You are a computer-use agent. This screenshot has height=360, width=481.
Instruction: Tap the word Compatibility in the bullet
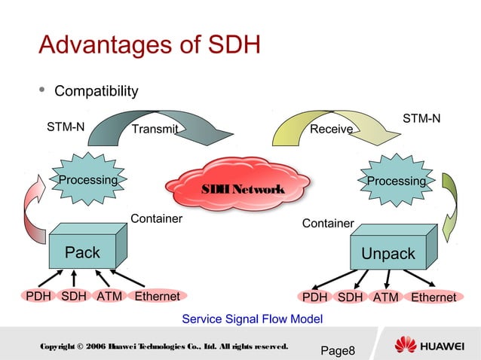tap(97, 91)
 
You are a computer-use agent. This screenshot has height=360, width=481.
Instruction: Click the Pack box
tap(82, 253)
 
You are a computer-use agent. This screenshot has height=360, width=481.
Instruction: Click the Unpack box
tap(388, 255)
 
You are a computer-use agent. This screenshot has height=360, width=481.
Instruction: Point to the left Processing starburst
tap(88, 181)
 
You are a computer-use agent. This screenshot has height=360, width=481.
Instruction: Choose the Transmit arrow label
tap(155, 130)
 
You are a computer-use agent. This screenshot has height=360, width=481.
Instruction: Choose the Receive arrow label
tap(332, 130)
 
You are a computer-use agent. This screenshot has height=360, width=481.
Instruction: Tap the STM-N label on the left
tap(66, 127)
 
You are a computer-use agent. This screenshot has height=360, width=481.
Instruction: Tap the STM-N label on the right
tap(421, 119)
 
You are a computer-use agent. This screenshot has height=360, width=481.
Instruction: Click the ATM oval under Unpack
tap(386, 297)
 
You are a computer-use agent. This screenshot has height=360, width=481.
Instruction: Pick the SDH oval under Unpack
tap(350, 297)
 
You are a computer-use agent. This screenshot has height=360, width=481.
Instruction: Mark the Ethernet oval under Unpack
tap(433, 297)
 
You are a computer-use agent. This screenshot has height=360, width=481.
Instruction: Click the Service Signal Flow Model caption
tap(252, 319)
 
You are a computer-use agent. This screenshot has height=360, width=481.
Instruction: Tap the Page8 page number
tap(337, 350)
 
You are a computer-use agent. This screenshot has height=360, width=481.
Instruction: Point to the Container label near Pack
tap(157, 219)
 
